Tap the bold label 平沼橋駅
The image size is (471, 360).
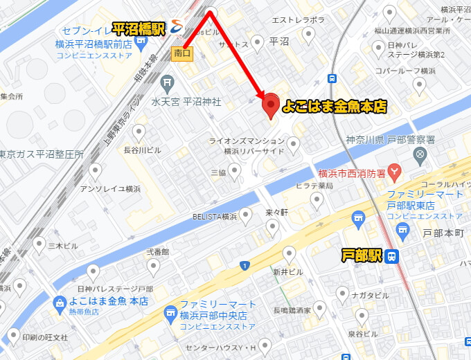point(138,28)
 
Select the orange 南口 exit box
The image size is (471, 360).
point(182,53)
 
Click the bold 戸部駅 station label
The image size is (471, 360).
point(362,256)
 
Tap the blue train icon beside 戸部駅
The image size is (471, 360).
point(392,256)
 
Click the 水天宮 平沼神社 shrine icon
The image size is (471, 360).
point(167,84)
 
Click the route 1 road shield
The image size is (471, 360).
point(245,266)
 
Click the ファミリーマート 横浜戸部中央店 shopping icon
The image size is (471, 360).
point(170,316)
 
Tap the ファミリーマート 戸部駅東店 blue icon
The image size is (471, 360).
point(358,218)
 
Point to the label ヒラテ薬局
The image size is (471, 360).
point(315,186)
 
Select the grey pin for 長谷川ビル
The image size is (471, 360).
point(139,132)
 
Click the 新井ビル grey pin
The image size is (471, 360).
point(289,253)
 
